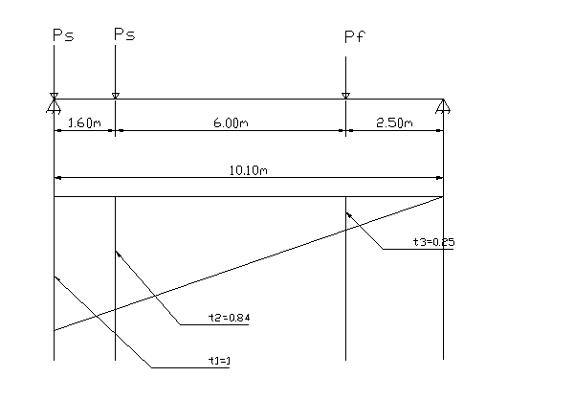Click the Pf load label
pyautogui.click(x=354, y=38)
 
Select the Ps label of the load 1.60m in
pyautogui.click(x=123, y=34)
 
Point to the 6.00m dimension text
pyautogui.click(x=230, y=122)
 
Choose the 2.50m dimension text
pyautogui.click(x=393, y=122)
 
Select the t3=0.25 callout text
pyautogui.click(x=433, y=243)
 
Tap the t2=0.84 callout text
pyautogui.click(x=229, y=318)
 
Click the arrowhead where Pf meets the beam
pyautogui.click(x=345, y=95)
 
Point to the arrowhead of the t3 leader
pyautogui.click(x=348, y=216)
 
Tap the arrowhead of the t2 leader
pyautogui.click(x=118, y=253)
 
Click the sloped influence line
pyautogui.click(x=249, y=263)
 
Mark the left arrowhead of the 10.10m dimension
pyautogui.click(x=57, y=177)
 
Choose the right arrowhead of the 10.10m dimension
pyautogui.click(x=439, y=177)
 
